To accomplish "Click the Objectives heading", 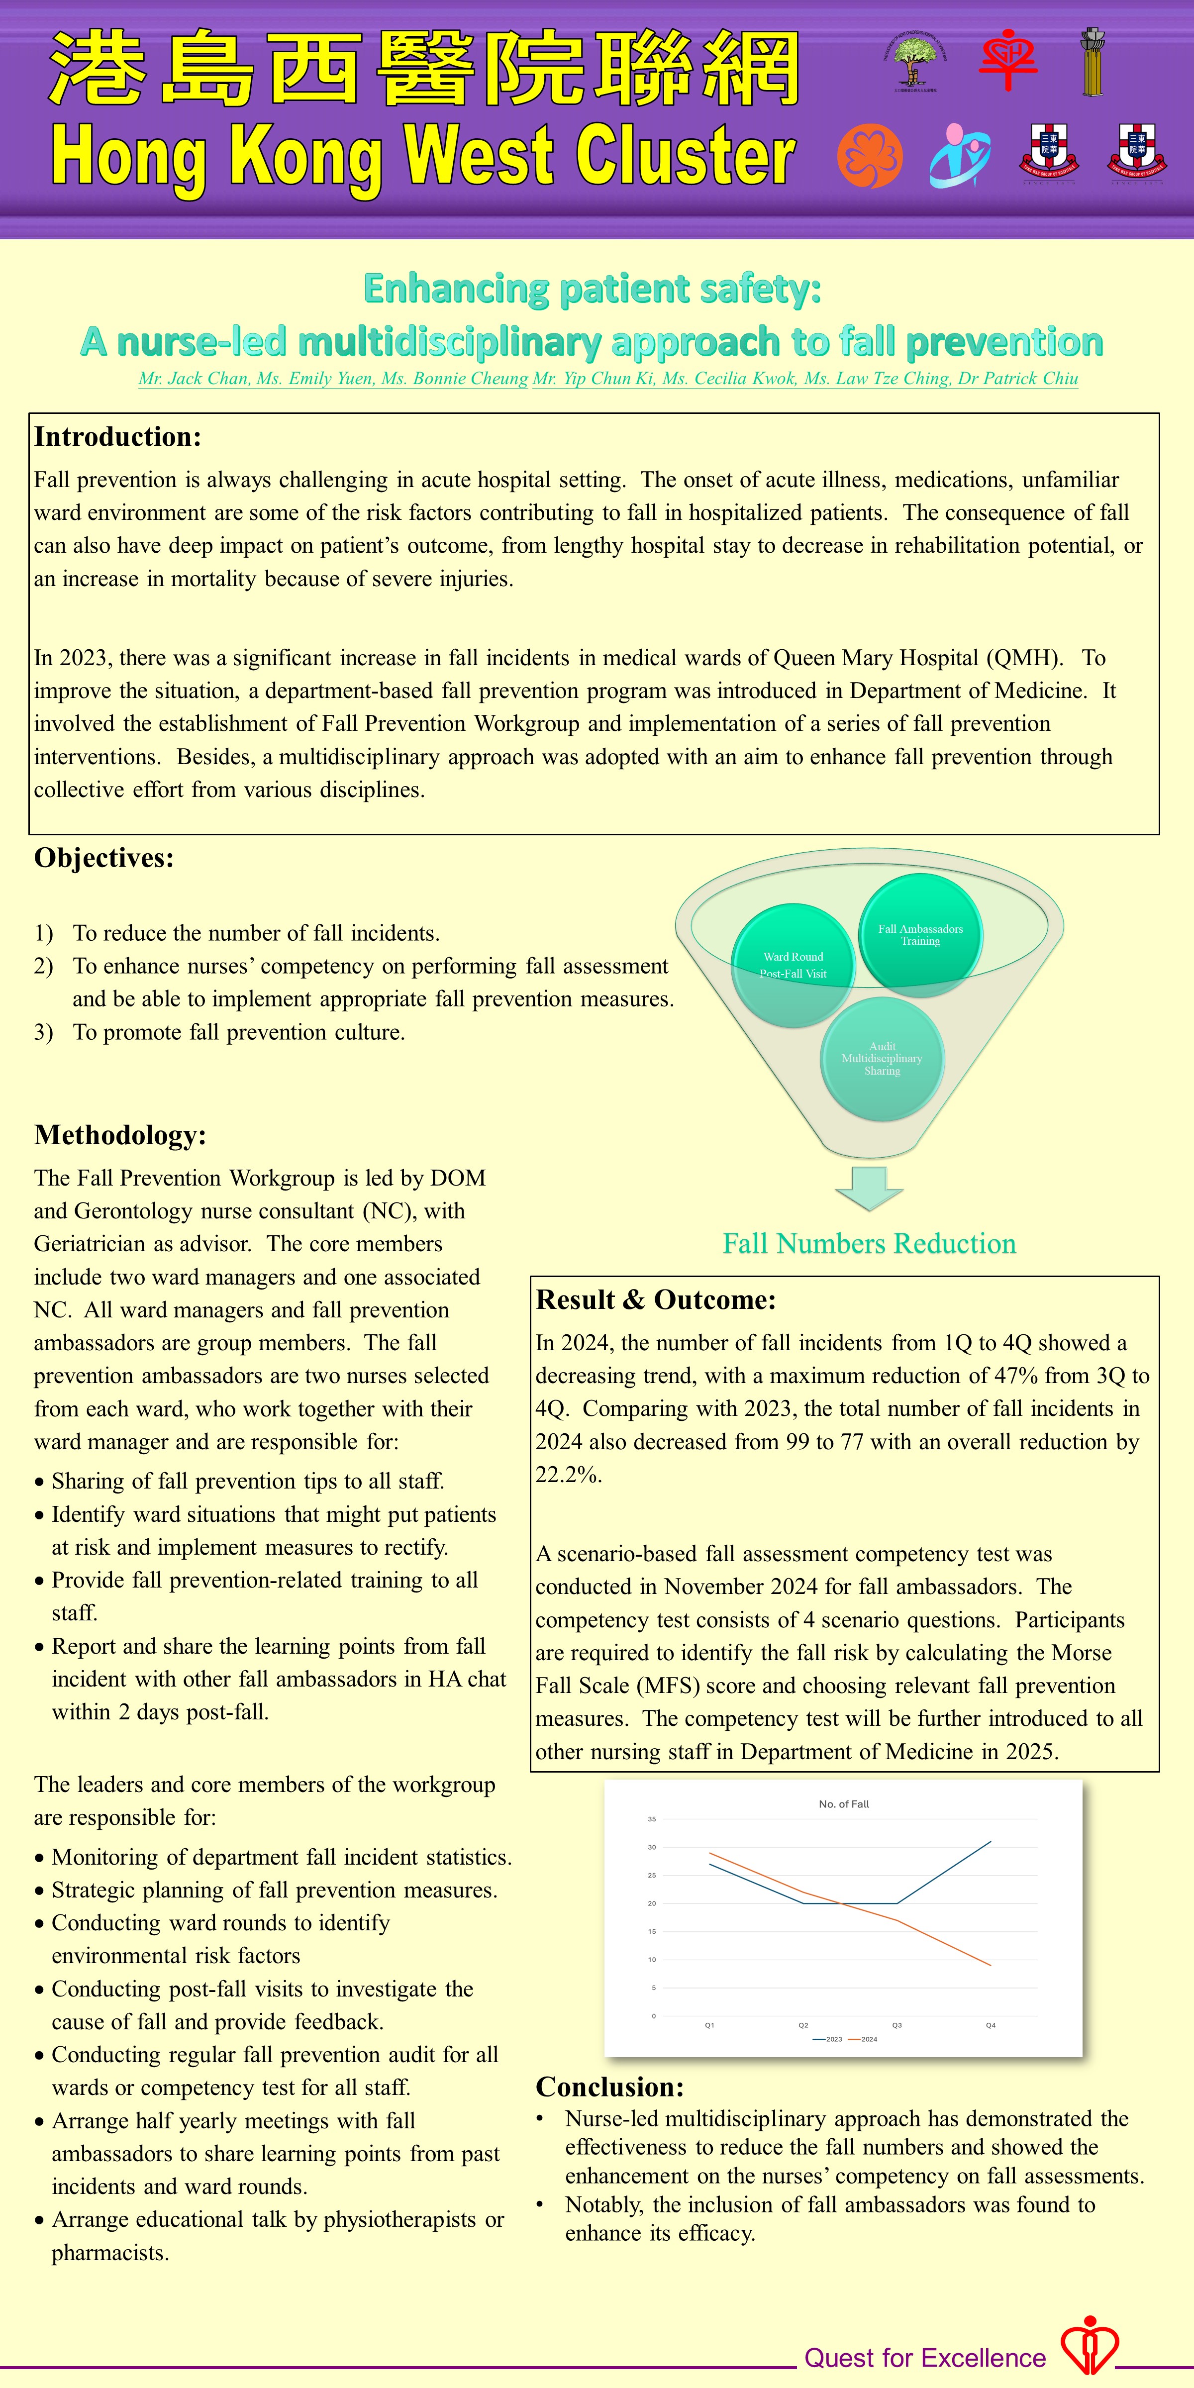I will coord(104,858).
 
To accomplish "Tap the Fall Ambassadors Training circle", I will coord(920,934).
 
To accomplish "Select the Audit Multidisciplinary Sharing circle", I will coord(882,1059).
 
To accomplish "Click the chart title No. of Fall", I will coord(844,1804).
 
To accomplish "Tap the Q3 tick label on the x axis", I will coord(896,2025).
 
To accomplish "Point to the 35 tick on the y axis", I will coord(652,1819).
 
